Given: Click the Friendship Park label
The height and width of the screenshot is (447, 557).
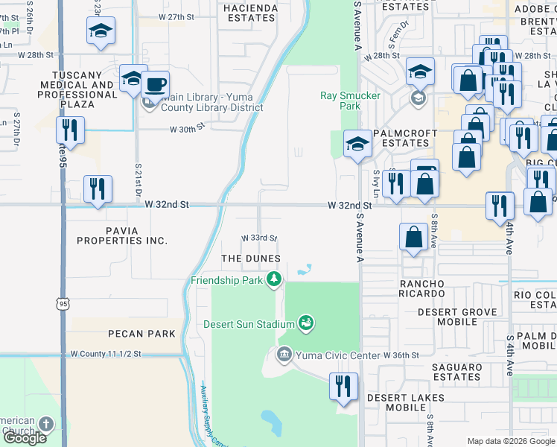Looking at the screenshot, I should (x=227, y=280).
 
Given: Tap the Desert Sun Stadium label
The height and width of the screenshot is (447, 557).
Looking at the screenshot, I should (x=249, y=324).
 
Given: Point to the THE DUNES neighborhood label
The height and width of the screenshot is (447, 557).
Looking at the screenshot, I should (x=251, y=259).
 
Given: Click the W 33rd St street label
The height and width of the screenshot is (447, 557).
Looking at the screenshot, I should (x=259, y=238).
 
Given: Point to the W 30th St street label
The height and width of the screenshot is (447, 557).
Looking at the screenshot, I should (x=187, y=129).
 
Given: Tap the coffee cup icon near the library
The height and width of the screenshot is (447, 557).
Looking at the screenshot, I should (x=155, y=84).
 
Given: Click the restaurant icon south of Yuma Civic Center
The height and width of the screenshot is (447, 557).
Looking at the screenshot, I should (x=343, y=387).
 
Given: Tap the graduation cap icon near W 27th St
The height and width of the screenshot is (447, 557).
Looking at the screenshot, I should (x=101, y=31).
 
